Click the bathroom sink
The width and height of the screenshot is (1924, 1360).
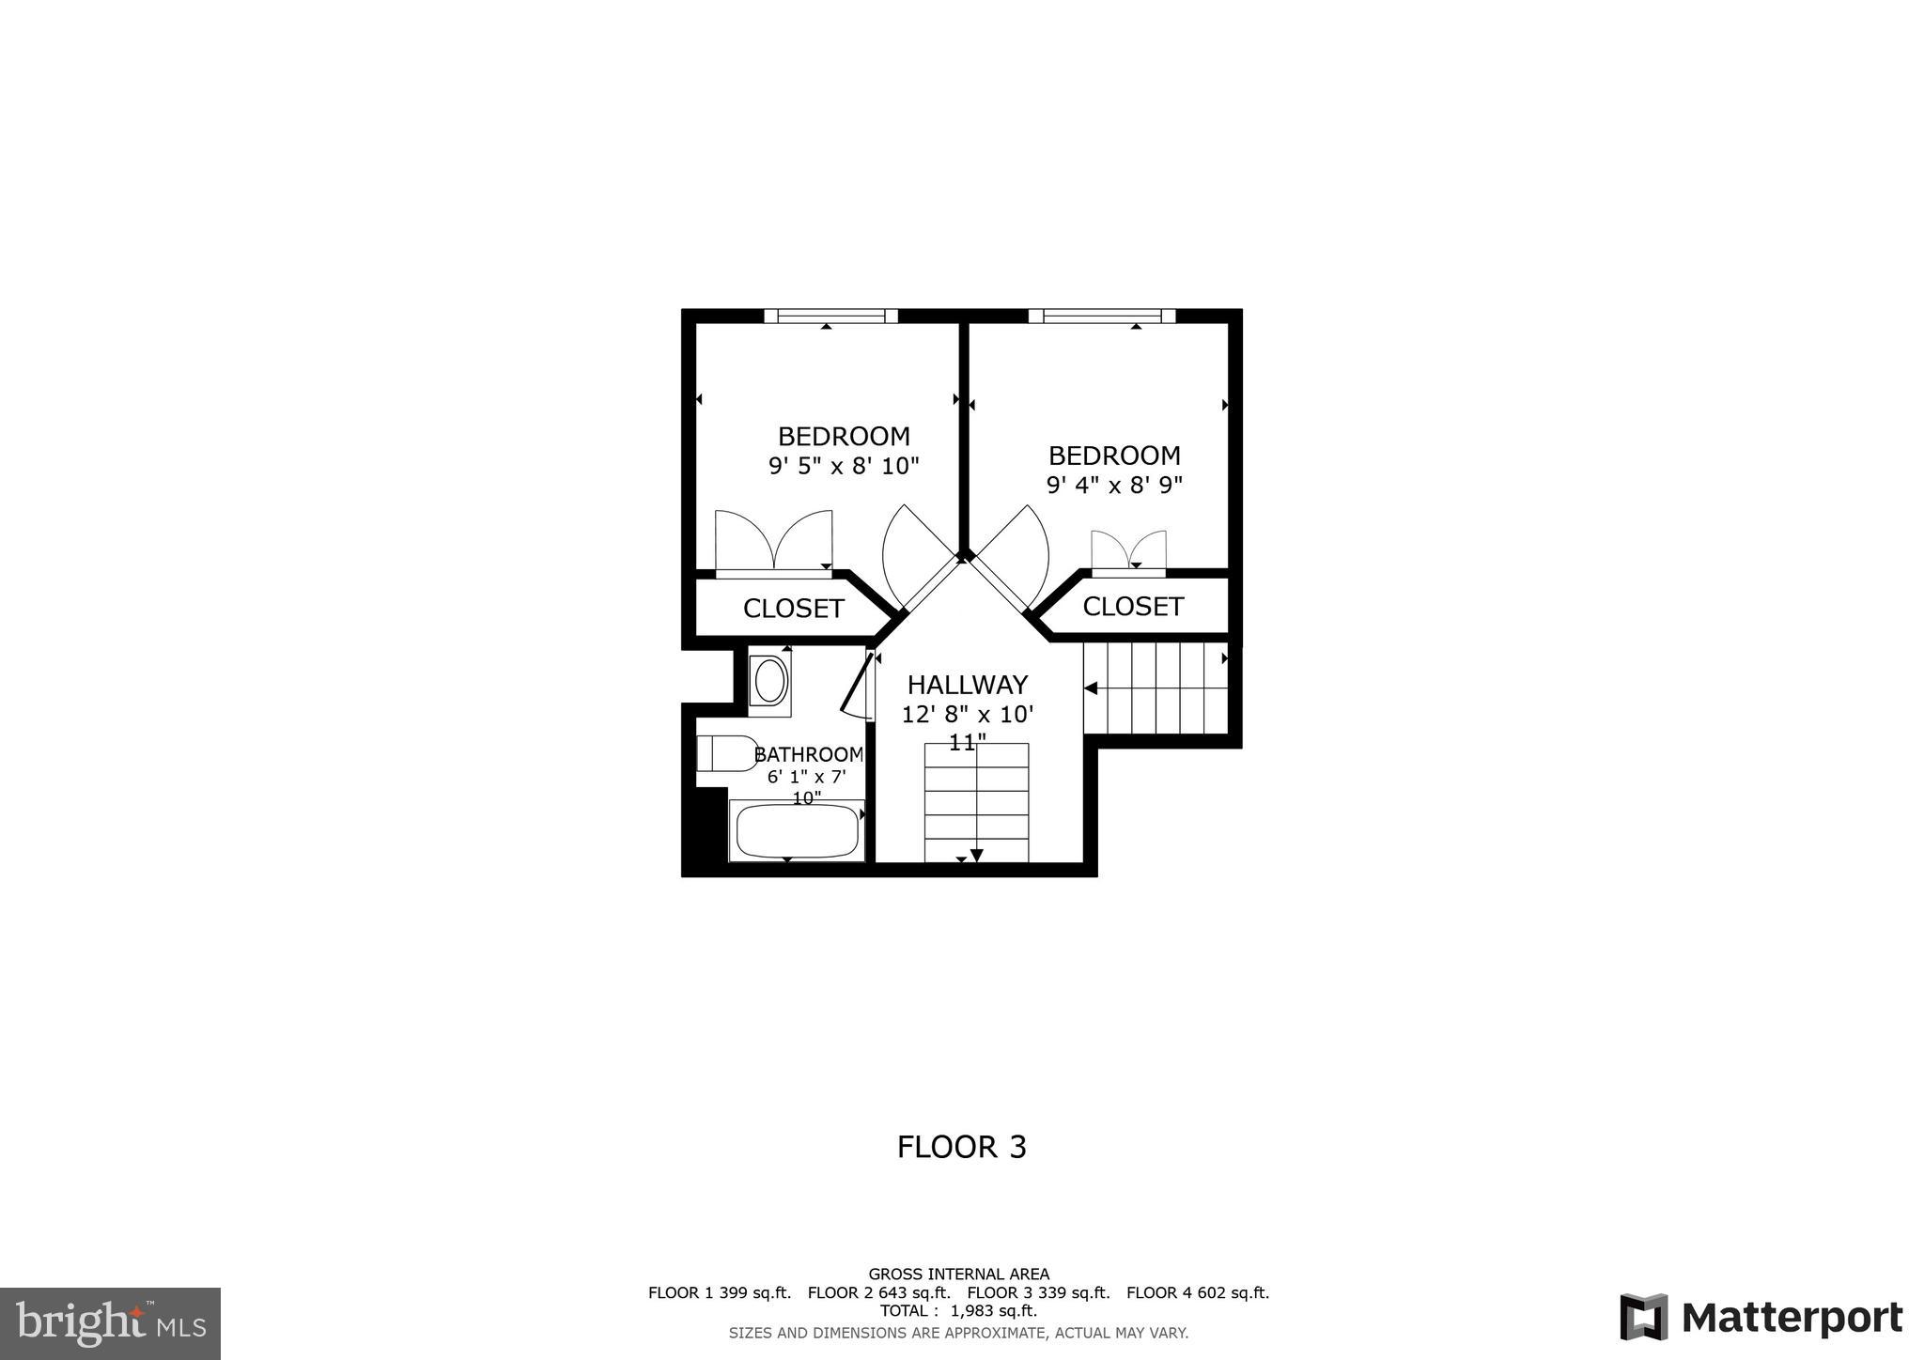click(x=770, y=681)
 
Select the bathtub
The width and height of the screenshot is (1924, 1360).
click(x=797, y=830)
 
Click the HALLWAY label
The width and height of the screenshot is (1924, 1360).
click(x=967, y=685)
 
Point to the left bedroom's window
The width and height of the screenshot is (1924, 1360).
click(x=830, y=317)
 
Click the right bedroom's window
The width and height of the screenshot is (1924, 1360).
click(x=1101, y=317)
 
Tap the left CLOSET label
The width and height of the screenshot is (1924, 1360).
click(x=794, y=609)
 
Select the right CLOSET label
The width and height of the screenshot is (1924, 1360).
click(x=1132, y=607)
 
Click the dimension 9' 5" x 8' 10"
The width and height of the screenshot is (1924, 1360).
click(x=844, y=466)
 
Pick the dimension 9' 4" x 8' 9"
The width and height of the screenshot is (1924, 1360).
click(x=1114, y=486)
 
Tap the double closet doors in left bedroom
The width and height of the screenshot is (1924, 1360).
click(x=773, y=541)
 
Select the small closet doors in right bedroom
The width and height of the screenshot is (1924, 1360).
click(x=1128, y=550)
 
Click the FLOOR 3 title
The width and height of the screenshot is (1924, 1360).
click(x=961, y=1147)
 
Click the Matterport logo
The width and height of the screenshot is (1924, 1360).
click(x=1761, y=1318)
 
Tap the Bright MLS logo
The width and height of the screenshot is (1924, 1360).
click(x=110, y=1323)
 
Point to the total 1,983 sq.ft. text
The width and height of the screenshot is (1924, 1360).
click(x=958, y=1311)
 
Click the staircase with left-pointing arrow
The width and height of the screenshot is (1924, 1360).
click(x=1156, y=688)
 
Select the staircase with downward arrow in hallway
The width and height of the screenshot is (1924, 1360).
click(x=976, y=803)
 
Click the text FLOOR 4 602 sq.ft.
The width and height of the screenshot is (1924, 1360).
click(x=1197, y=1292)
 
